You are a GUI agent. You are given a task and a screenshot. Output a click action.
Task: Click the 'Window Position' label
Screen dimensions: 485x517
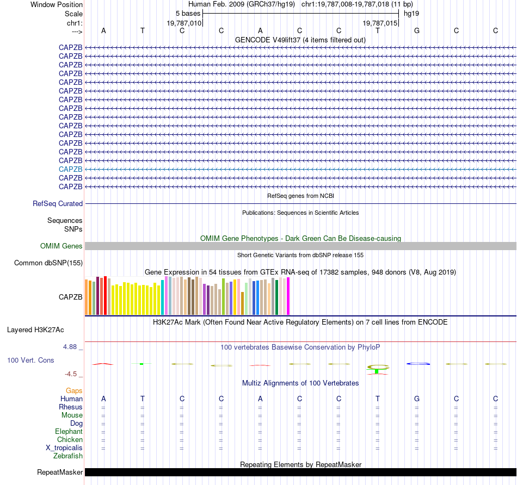click(57, 4)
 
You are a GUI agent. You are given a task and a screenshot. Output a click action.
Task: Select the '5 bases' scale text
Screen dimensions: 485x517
click(188, 13)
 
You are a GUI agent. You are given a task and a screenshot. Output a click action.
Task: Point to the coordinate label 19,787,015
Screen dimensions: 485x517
click(380, 23)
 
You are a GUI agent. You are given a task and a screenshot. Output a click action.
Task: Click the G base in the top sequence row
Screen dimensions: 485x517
click(417, 30)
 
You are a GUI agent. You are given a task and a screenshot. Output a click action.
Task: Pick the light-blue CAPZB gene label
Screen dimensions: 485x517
click(70, 169)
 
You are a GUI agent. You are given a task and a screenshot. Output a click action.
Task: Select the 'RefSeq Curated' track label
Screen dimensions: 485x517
click(58, 204)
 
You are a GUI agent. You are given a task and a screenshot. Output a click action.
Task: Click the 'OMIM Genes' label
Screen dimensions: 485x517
click(61, 246)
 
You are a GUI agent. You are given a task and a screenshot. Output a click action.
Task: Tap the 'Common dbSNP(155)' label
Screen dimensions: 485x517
click(48, 263)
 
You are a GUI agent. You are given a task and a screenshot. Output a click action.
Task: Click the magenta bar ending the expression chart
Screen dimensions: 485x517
click(288, 296)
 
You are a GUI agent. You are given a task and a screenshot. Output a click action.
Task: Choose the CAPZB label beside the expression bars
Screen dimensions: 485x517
click(70, 297)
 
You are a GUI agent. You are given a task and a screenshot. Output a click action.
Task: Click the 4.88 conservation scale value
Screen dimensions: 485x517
click(73, 346)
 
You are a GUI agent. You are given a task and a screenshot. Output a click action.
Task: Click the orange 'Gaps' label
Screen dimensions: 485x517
click(74, 390)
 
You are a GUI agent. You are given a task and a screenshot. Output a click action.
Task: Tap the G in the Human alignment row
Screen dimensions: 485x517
click(417, 399)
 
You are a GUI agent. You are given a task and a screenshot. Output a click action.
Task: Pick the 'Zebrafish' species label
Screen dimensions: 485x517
click(68, 456)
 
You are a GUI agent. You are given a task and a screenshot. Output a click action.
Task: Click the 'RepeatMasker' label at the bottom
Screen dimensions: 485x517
click(59, 472)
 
